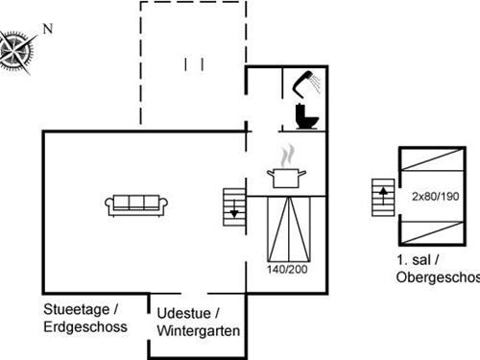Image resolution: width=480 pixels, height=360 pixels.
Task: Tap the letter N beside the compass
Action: (47, 29)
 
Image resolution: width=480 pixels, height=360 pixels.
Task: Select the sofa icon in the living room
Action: (137, 203)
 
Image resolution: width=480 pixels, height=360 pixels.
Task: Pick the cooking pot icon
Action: (287, 178)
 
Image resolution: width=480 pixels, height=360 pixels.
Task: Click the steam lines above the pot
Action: (286, 156)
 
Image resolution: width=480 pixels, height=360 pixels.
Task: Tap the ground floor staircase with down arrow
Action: (234, 204)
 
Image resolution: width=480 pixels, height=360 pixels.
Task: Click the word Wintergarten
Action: (198, 331)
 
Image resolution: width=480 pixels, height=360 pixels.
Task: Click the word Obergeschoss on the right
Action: (438, 277)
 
